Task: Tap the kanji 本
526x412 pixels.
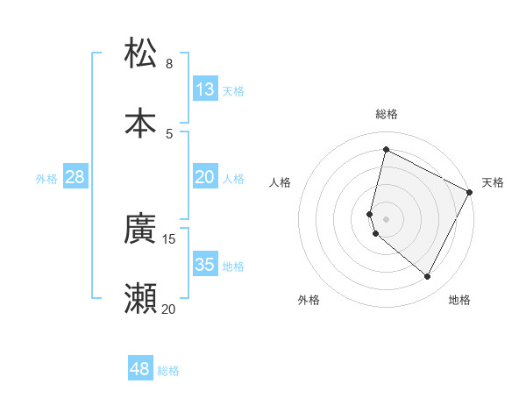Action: [x=140, y=123]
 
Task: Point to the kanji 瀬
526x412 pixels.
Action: [x=140, y=299]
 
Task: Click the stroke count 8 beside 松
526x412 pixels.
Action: [x=169, y=64]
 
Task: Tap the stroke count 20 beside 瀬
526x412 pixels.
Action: [x=168, y=309]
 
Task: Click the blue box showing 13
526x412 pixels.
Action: [x=205, y=89]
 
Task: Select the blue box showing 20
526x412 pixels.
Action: [x=205, y=178]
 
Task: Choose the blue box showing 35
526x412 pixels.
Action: [x=205, y=265]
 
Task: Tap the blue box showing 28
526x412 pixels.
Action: [x=75, y=178]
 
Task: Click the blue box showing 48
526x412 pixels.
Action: [x=140, y=369]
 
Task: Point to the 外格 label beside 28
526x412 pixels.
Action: [x=46, y=179]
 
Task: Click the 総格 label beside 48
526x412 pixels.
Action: [x=168, y=371]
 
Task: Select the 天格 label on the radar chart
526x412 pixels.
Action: [x=493, y=182]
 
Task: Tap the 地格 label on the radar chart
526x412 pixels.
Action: [x=459, y=300]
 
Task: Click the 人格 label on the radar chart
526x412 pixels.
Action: [x=281, y=182]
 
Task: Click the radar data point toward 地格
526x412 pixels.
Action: [x=428, y=277]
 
